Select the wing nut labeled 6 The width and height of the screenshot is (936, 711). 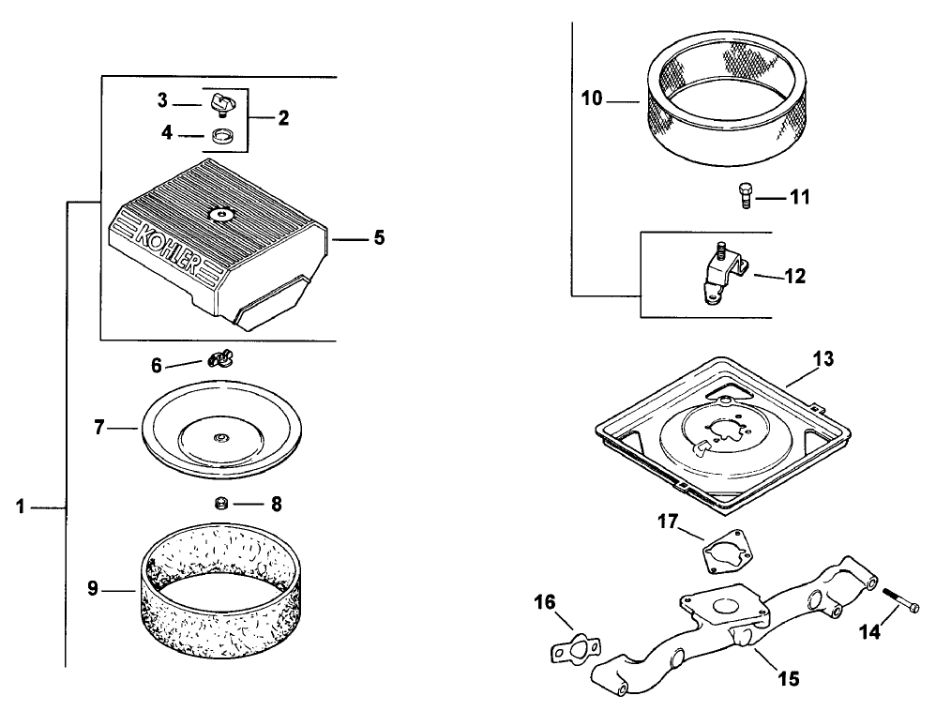click(220, 359)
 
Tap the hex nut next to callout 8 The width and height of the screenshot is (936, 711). click(221, 504)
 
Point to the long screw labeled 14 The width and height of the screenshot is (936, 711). click(900, 600)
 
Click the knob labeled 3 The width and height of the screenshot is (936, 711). click(221, 105)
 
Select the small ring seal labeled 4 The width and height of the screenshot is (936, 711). click(221, 137)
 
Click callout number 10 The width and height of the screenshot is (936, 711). click(592, 98)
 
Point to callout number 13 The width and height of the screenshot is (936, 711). click(823, 359)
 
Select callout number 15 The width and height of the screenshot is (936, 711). click(789, 679)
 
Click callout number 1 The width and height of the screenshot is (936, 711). click(21, 507)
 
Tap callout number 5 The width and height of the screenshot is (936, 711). click(379, 237)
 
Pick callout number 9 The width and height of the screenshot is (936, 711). click(93, 589)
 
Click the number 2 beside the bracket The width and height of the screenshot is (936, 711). click(283, 117)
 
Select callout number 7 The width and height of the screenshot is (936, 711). click(99, 428)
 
